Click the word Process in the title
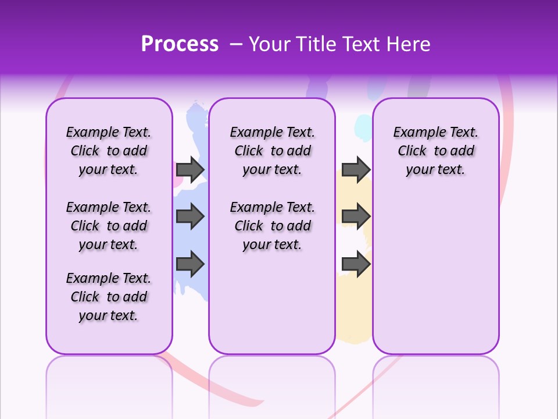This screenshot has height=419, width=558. point(180,44)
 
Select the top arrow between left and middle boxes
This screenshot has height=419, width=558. point(190,169)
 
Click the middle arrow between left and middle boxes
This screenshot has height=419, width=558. point(190,217)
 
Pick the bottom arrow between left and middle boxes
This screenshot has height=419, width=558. point(190,264)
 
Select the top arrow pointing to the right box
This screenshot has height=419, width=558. point(356,169)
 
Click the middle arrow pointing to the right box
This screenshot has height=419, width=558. point(356,217)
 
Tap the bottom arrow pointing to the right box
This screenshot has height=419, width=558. point(356,264)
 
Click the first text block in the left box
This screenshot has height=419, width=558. point(109,151)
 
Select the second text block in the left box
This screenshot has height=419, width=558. point(109,226)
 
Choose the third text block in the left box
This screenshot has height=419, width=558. point(109,297)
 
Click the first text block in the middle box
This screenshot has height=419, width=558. point(272,151)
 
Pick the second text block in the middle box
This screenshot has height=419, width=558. point(272,226)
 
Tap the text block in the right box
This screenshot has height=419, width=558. point(435,151)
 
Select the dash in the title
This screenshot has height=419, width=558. point(235,44)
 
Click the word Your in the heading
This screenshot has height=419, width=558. point(270,44)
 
